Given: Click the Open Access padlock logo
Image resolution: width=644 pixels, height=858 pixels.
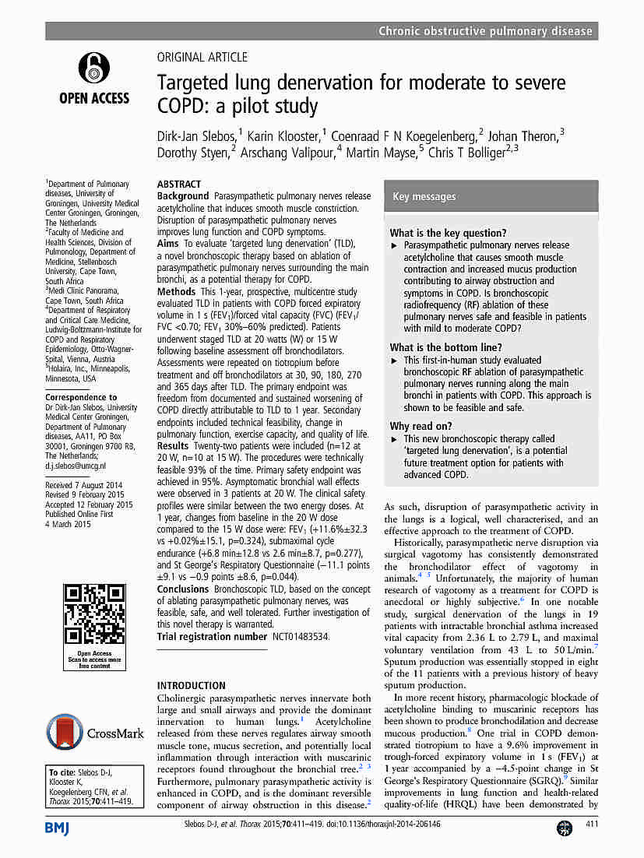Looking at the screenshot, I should (x=93, y=68).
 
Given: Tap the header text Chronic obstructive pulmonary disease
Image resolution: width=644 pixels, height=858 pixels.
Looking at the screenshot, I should (x=485, y=31).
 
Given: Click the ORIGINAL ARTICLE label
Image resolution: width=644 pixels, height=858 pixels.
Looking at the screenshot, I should (x=202, y=57).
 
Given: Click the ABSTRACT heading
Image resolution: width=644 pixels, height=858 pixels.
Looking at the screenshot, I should (x=179, y=185).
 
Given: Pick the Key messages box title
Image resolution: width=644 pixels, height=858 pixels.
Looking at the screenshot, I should (x=424, y=197).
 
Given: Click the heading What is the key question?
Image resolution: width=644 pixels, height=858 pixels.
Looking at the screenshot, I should (x=448, y=233).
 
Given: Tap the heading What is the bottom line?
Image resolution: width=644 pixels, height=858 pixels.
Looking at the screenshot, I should (x=445, y=347).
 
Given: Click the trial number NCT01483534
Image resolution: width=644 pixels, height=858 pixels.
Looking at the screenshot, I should (x=300, y=636).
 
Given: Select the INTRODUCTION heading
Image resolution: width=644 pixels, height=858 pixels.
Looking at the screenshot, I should (x=192, y=686).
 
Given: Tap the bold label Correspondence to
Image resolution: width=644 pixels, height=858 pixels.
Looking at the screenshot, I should (x=81, y=397).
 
